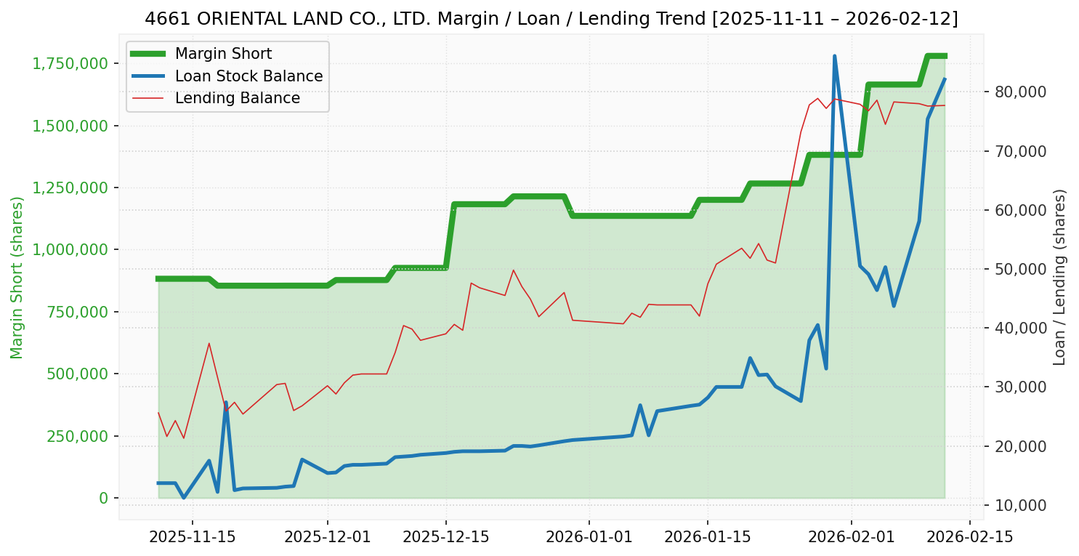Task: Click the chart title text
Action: pyautogui.click(x=551, y=19)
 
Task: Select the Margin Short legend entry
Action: pyautogui.click(x=223, y=55)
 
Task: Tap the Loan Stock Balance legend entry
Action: pyautogui.click(x=248, y=76)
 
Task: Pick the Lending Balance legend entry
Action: pyautogui.click(x=237, y=98)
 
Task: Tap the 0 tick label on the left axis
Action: pyautogui.click(x=103, y=498)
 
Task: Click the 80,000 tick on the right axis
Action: pyautogui.click(x=1015, y=92)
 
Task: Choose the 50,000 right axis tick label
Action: pyautogui.click(x=1015, y=270)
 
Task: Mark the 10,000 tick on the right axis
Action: pyautogui.click(x=1015, y=505)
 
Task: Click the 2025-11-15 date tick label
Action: pyautogui.click(x=193, y=537)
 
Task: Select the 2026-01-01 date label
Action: pyautogui.click(x=589, y=537)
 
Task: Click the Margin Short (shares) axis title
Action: pyautogui.click(x=17, y=278)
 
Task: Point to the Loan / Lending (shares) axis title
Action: pyautogui.click(x=1059, y=278)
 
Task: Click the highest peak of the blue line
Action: pyautogui.click(x=834, y=56)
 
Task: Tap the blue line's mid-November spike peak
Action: pyautogui.click(x=226, y=402)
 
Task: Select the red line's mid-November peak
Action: pyautogui.click(x=209, y=343)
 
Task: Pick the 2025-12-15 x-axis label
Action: pyautogui.click(x=446, y=537)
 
